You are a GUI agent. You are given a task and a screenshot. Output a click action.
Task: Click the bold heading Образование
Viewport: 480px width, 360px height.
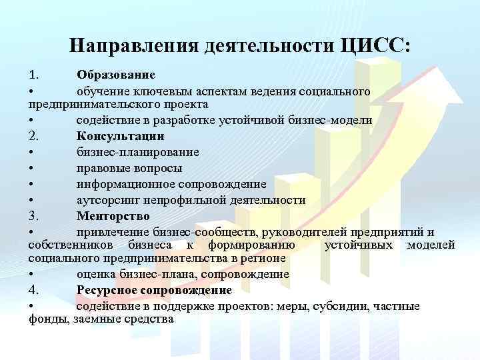point(116,73)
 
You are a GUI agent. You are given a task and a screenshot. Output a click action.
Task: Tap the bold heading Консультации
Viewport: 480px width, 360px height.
point(121,137)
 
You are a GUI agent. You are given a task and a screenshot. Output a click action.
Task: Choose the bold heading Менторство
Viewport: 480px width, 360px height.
point(113,217)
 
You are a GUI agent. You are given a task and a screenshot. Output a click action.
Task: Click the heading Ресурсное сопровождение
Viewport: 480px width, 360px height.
point(155,290)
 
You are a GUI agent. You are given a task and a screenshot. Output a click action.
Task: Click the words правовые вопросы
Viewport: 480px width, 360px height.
point(129,168)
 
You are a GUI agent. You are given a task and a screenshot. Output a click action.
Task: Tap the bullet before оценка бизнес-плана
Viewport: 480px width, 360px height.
point(32,274)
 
